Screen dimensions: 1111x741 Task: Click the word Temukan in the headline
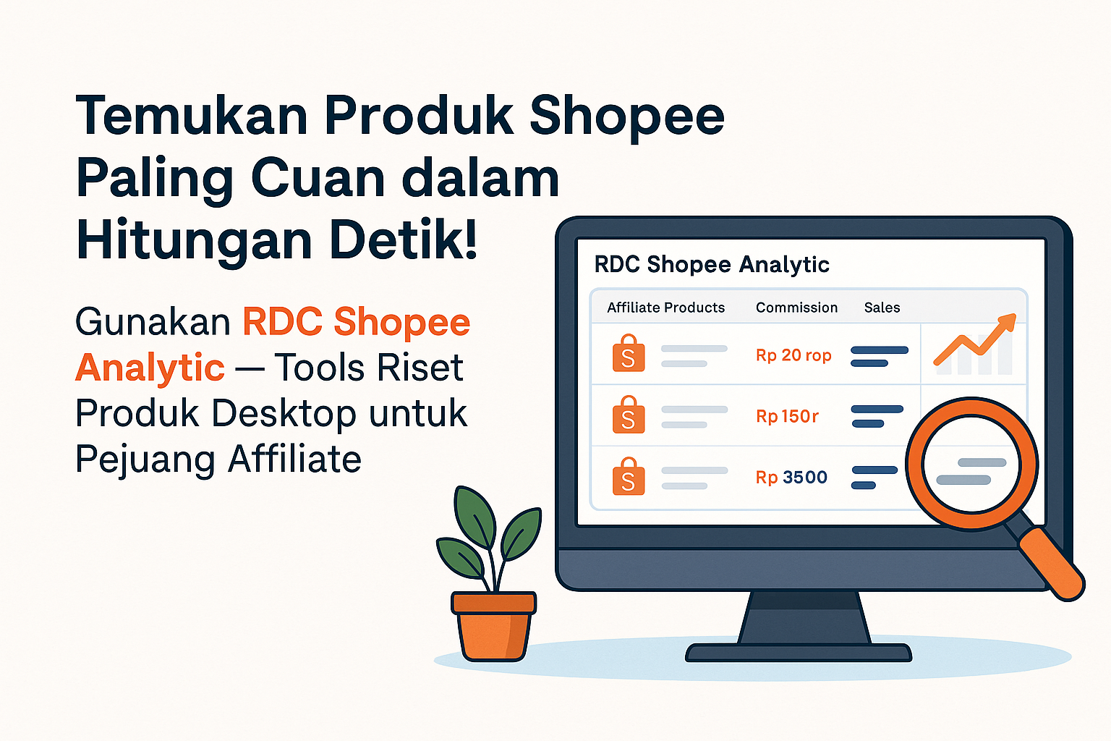point(192,115)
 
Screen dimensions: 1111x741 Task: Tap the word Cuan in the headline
point(318,178)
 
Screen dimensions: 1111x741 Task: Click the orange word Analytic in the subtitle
point(150,368)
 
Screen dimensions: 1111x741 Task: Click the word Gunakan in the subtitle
point(153,322)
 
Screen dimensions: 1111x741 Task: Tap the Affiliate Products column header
point(665,308)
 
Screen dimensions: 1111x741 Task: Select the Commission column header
point(796,308)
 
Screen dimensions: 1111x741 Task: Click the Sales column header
point(882,308)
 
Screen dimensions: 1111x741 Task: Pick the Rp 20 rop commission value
point(793,355)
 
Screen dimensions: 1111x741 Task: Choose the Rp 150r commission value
point(787,416)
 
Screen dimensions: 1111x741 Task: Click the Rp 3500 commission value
point(791,478)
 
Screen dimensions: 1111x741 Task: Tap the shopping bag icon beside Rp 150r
point(629,415)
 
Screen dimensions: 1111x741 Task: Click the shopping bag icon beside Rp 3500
point(629,476)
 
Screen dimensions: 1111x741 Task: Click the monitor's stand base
point(799,653)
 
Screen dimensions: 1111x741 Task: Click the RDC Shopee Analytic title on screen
point(712,265)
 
